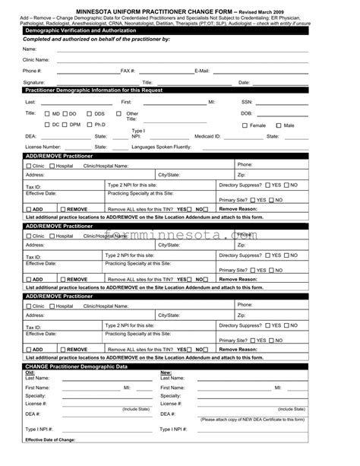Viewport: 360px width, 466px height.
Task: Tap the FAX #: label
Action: (128, 71)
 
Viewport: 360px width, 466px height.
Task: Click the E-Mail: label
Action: (202, 71)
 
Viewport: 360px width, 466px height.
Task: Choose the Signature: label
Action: (33, 82)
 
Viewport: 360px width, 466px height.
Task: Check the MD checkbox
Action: (47, 113)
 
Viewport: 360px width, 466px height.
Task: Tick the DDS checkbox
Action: (90, 113)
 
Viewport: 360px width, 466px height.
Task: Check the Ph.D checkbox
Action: (90, 124)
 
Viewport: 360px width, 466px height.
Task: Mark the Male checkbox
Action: (279, 125)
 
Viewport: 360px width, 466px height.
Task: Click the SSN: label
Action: (247, 101)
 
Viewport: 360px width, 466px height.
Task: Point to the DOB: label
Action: (247, 113)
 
